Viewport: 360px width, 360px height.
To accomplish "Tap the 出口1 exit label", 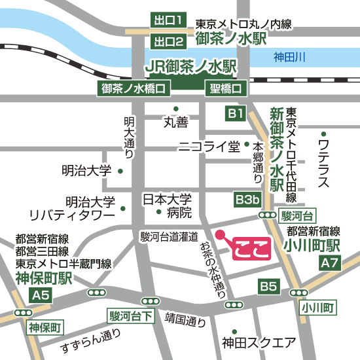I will pyautogui.click(x=168, y=20).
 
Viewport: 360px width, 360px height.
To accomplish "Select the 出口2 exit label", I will pyautogui.click(x=168, y=42).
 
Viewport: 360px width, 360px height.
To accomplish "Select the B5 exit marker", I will pyautogui.click(x=268, y=286).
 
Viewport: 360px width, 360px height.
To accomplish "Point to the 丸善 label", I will pyautogui.click(x=175, y=121).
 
